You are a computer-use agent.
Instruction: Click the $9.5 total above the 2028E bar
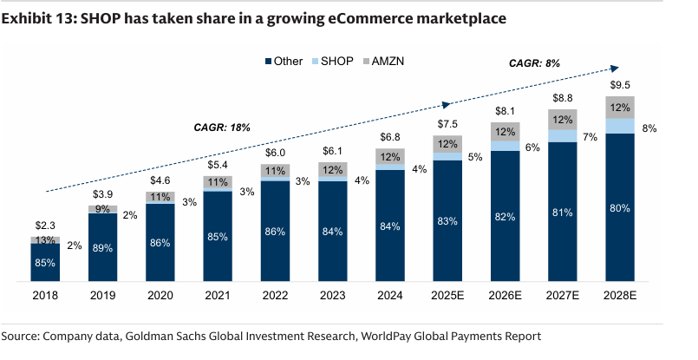tap(620, 85)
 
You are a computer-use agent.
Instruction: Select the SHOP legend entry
tap(332, 61)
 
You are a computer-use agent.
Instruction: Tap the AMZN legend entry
tap(383, 61)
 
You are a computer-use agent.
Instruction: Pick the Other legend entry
tap(284, 61)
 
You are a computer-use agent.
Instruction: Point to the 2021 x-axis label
tap(218, 296)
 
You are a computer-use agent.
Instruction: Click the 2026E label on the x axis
tap(505, 296)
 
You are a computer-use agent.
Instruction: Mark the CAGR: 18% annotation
tap(222, 128)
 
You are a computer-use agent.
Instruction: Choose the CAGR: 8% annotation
tap(534, 63)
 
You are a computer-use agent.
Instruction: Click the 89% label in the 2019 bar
tap(102, 248)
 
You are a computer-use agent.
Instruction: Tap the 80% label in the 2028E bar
tap(620, 208)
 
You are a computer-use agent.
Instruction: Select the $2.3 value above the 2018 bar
tap(45, 226)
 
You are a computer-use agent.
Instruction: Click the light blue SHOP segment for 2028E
tap(620, 126)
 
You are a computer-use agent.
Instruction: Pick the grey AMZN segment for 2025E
tap(447, 144)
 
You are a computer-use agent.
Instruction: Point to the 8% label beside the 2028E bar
tap(649, 128)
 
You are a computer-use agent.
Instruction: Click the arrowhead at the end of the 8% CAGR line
tap(615, 69)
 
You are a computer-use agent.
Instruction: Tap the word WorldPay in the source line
tap(386, 336)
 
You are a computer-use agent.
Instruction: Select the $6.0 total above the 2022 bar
tap(275, 153)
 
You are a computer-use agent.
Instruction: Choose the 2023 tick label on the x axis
tap(333, 296)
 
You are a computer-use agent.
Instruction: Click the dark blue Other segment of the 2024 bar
tap(390, 226)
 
